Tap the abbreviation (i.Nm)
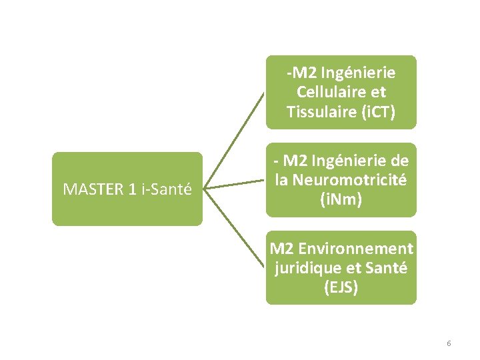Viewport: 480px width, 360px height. [x=341, y=199]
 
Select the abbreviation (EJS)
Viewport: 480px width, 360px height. [x=341, y=288]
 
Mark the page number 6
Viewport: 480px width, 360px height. [x=449, y=343]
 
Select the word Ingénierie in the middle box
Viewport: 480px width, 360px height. [x=347, y=160]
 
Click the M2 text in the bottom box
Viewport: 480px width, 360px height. [x=281, y=249]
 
